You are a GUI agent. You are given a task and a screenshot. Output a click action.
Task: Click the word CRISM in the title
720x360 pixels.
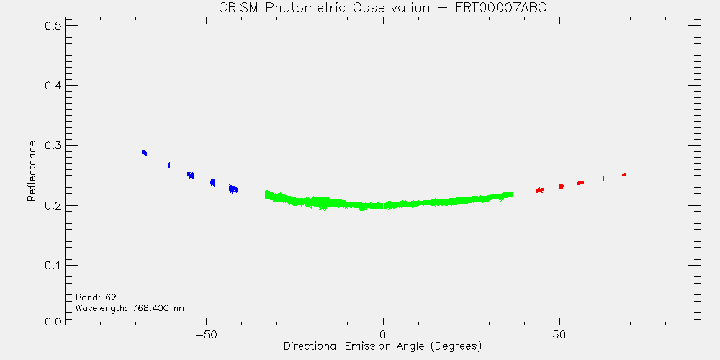(235, 8)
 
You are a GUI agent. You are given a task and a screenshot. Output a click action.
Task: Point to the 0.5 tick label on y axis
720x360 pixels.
(53, 25)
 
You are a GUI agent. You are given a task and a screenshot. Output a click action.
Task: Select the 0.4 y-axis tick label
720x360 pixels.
(53, 86)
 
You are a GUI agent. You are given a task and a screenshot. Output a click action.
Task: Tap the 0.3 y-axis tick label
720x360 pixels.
(53, 145)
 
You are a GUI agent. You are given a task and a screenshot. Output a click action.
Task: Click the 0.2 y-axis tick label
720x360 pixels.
(53, 205)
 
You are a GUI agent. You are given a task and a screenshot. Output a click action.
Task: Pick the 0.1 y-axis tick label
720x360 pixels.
(53, 266)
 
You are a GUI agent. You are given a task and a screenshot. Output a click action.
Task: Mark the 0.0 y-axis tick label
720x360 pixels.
(53, 320)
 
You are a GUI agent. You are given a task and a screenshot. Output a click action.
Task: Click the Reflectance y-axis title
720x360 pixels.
(31, 171)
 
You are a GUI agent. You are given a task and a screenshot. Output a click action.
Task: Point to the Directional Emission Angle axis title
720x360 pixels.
(382, 346)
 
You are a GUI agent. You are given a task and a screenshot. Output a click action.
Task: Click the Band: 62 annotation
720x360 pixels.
(96, 297)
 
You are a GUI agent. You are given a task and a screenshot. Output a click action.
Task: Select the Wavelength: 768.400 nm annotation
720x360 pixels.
(131, 308)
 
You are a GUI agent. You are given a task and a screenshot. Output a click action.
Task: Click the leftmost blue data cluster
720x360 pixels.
(144, 153)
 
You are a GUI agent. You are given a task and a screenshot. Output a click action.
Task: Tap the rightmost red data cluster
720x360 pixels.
(624, 174)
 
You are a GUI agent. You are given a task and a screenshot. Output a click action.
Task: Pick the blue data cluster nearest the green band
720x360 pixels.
(233, 188)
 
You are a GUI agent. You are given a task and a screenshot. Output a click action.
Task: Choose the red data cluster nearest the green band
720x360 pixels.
(540, 190)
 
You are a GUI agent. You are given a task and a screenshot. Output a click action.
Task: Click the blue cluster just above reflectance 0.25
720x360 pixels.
(191, 175)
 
